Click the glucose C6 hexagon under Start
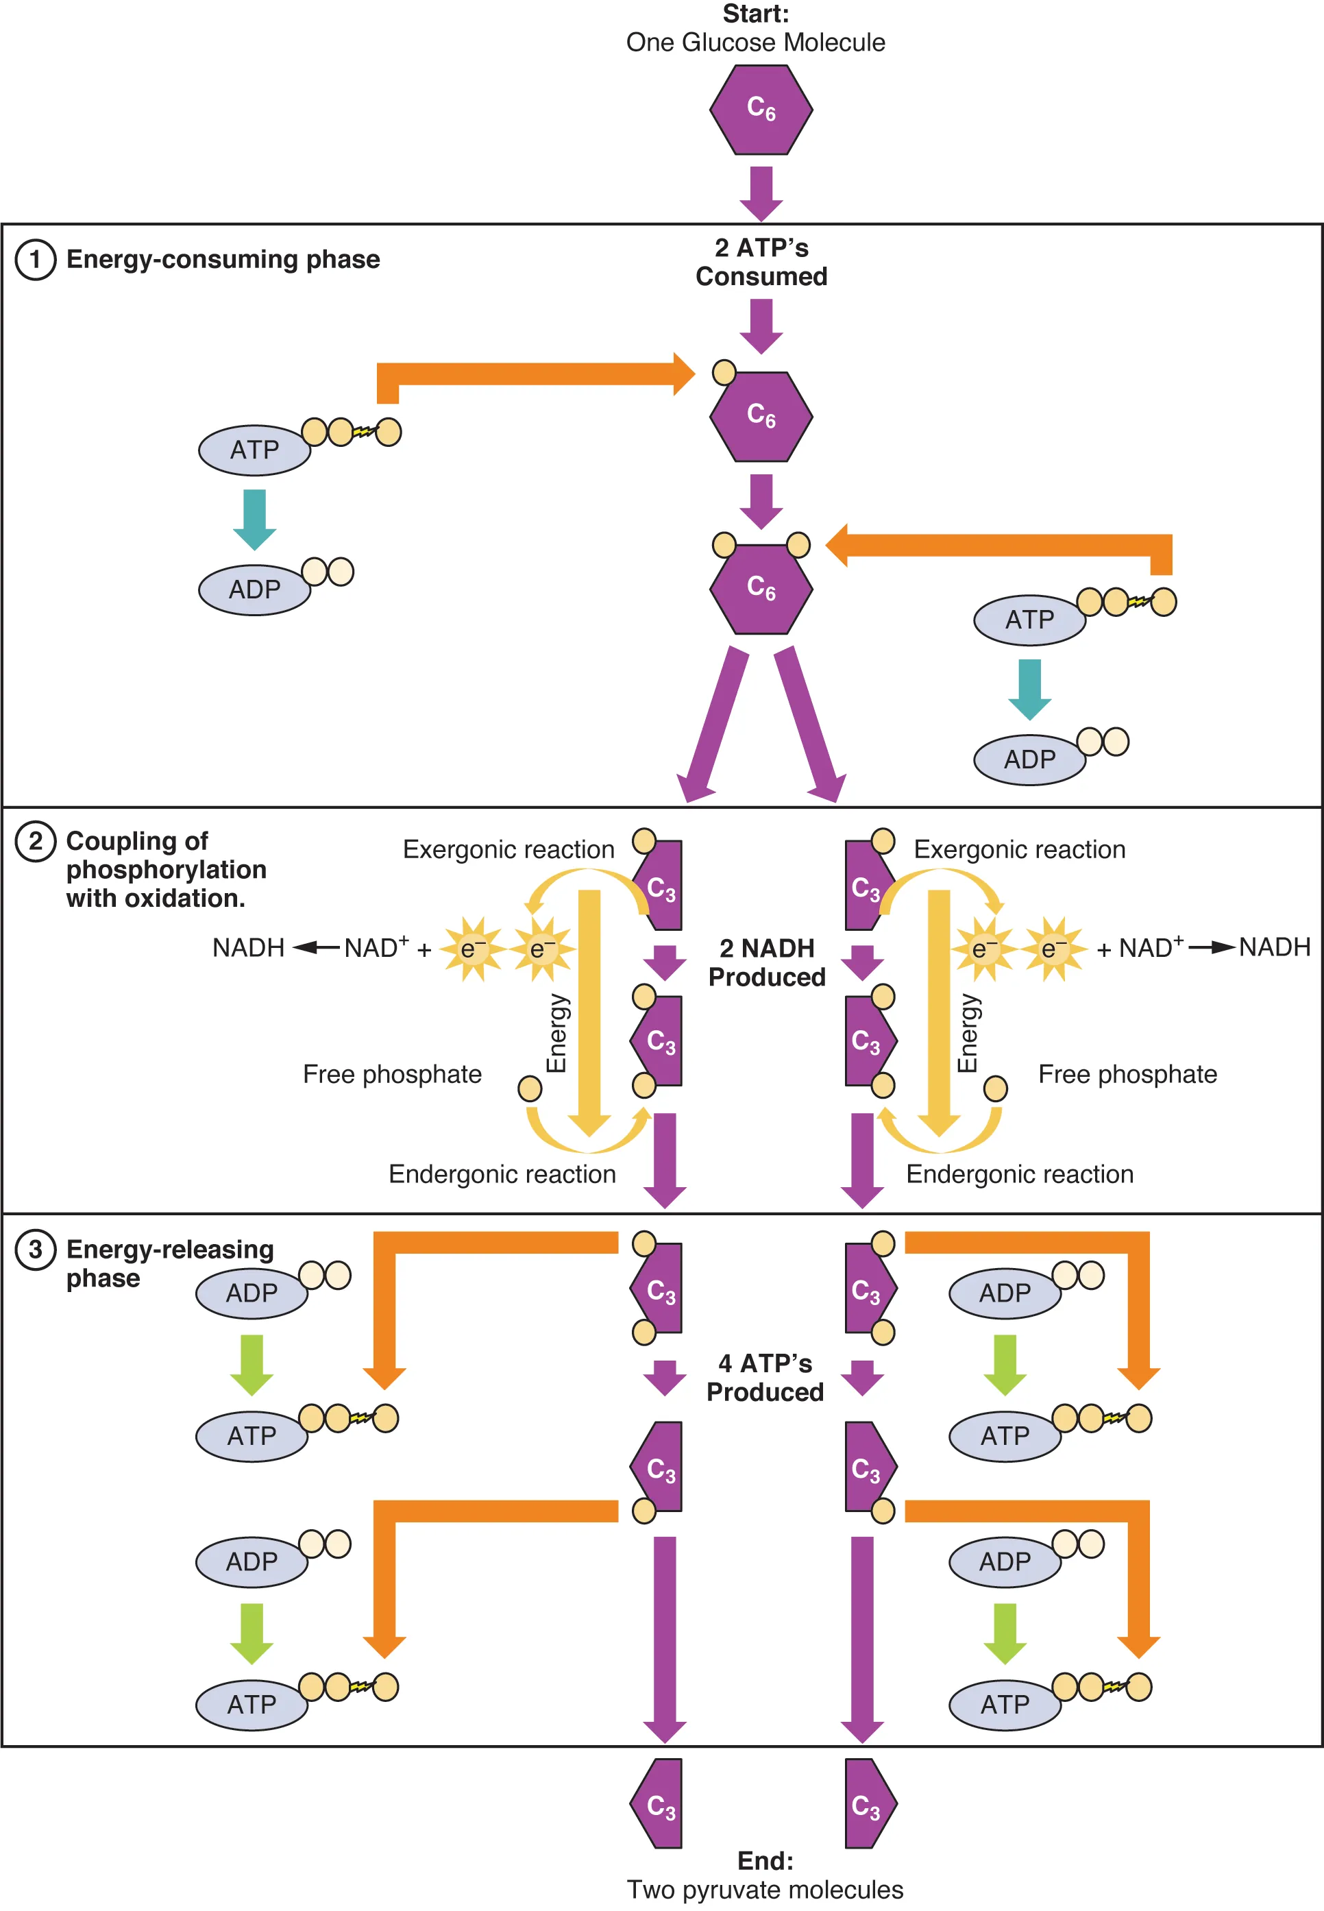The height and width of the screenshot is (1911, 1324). click(761, 110)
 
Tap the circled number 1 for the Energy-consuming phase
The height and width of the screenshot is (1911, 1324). click(36, 260)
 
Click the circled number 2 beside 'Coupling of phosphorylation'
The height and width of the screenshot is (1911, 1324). click(36, 842)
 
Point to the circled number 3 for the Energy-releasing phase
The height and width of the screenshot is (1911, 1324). click(36, 1249)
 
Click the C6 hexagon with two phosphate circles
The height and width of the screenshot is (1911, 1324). click(761, 588)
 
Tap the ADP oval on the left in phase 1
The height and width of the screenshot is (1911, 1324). click(254, 590)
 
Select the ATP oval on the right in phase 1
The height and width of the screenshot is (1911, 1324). click(1029, 620)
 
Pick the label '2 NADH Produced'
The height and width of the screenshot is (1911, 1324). click(767, 962)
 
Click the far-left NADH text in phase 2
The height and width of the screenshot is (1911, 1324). click(248, 947)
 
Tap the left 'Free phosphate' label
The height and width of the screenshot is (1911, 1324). click(391, 1075)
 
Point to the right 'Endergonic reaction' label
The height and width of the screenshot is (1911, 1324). click(1020, 1174)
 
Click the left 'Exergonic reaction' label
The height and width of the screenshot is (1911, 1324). click(508, 850)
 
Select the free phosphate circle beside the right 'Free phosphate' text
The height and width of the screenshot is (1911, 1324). click(996, 1088)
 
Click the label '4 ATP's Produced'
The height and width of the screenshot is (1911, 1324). click(765, 1378)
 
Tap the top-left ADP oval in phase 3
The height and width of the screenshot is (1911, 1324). click(252, 1293)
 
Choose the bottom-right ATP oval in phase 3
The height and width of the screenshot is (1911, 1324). click(1005, 1705)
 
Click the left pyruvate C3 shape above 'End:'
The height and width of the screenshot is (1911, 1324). click(659, 1804)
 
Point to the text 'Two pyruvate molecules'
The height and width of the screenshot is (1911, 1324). click(765, 1890)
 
